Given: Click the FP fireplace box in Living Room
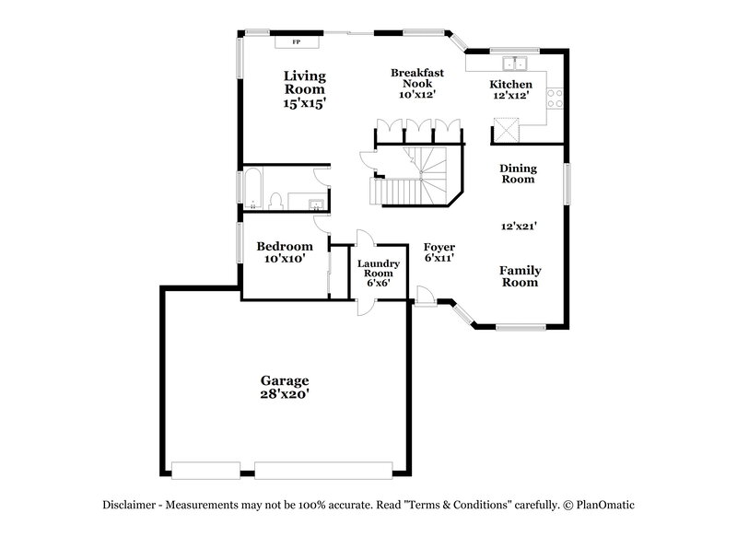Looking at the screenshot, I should tap(296, 41).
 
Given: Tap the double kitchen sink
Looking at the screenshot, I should tap(512, 64).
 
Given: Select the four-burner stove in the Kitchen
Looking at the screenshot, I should tap(556, 98).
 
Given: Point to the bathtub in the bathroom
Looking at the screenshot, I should tap(250, 189).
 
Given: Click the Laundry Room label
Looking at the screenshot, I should tap(379, 268).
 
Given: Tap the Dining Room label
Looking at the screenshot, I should tap(517, 174).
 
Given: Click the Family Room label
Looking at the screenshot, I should tap(520, 276).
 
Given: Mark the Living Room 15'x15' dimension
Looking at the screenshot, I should tap(304, 104).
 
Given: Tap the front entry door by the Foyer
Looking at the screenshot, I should tap(425, 296).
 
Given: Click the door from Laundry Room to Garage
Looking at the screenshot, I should tap(365, 308).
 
